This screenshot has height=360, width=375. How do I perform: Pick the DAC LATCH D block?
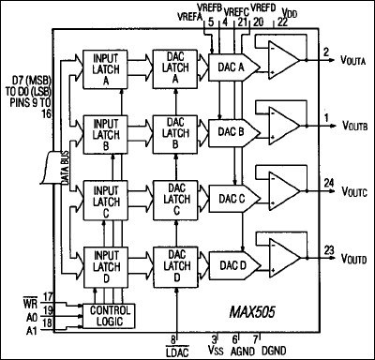click(175, 267)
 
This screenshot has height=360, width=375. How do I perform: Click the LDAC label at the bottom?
click(175, 350)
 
